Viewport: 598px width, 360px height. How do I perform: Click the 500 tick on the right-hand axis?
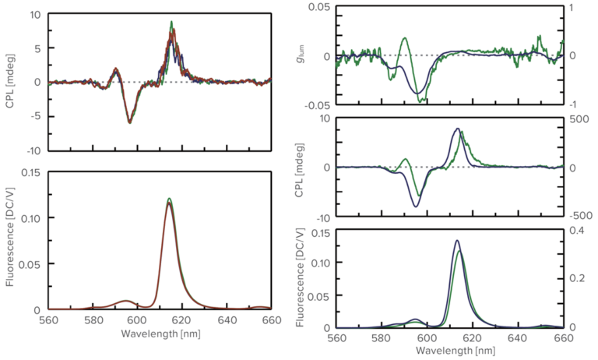click(577, 118)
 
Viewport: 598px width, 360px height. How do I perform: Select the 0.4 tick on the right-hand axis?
click(575, 230)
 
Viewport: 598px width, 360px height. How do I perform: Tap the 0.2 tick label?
click(575, 279)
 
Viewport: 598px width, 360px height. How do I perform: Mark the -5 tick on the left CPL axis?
click(36, 116)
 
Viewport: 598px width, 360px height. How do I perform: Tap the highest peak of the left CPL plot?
click(171, 22)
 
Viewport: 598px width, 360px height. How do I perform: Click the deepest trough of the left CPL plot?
click(129, 122)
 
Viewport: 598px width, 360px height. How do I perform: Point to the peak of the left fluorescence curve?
click(169, 199)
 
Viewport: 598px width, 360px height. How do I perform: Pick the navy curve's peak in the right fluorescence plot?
click(457, 241)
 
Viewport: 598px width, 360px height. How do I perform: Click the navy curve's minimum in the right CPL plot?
click(417, 206)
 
